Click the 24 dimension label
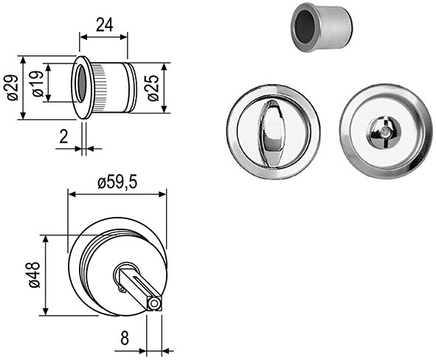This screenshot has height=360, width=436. tap(105, 24)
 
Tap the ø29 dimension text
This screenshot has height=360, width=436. tap(13, 88)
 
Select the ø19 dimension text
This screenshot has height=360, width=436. tap(38, 83)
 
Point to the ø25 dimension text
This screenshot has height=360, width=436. tap(153, 88)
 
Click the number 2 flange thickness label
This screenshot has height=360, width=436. tap(63, 136)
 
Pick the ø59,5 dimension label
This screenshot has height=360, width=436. tap(117, 183)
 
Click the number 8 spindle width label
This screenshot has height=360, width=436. tap(125, 339)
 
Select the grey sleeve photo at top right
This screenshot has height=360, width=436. tap(321, 27)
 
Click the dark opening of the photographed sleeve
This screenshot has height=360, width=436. tap(305, 27)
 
